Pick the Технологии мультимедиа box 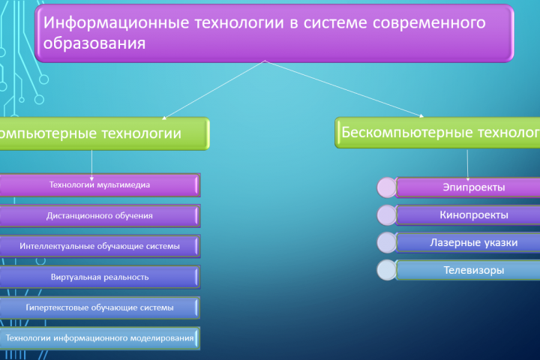click(100, 184)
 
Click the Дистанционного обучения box click(100, 215)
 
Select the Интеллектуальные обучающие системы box click(100, 246)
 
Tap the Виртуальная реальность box click(100, 277)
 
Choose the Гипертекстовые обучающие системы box click(100, 307)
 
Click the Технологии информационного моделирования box click(100, 338)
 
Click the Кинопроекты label click(473, 214)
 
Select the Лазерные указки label click(473, 242)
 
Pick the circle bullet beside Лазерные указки click(387, 243)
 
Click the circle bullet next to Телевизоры click(387, 271)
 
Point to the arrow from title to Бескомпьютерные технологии click(345, 90)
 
